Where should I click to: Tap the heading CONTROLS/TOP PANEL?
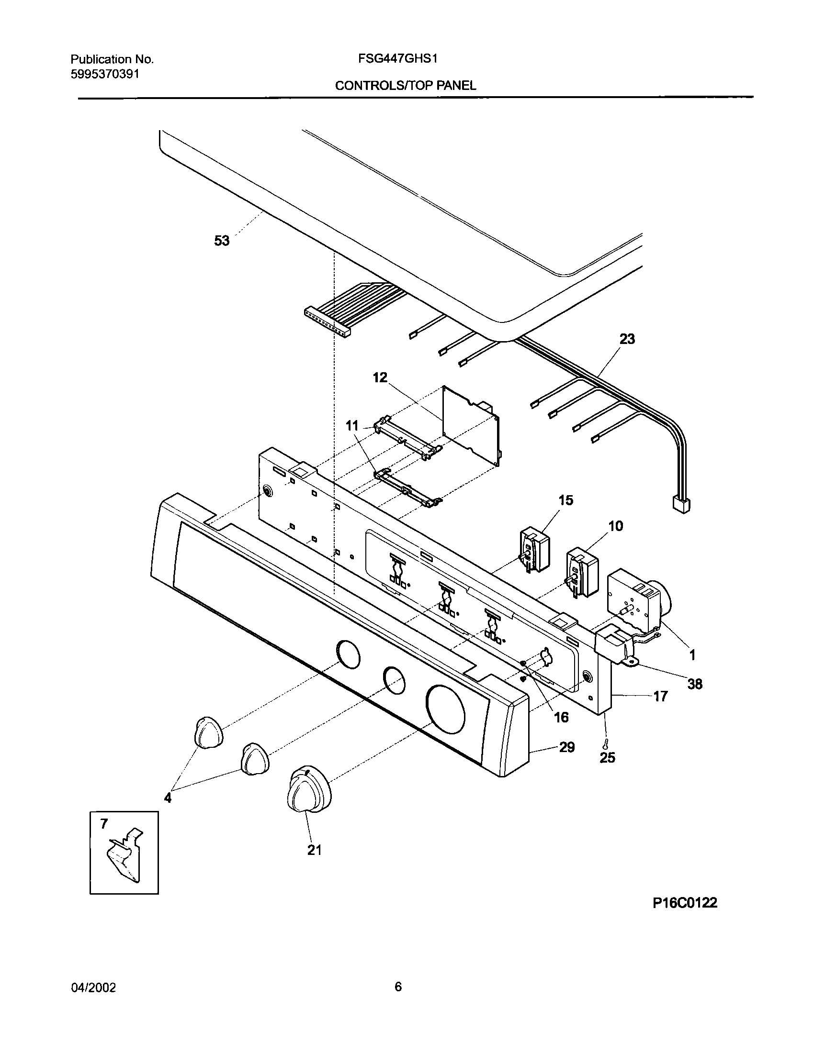click(x=405, y=86)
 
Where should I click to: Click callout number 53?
click(x=222, y=241)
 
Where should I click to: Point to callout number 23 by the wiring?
click(x=627, y=339)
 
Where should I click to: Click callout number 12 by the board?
click(x=380, y=377)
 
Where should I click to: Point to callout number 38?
click(x=695, y=684)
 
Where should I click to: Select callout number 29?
click(x=567, y=747)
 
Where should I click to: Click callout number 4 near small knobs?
click(x=168, y=797)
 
